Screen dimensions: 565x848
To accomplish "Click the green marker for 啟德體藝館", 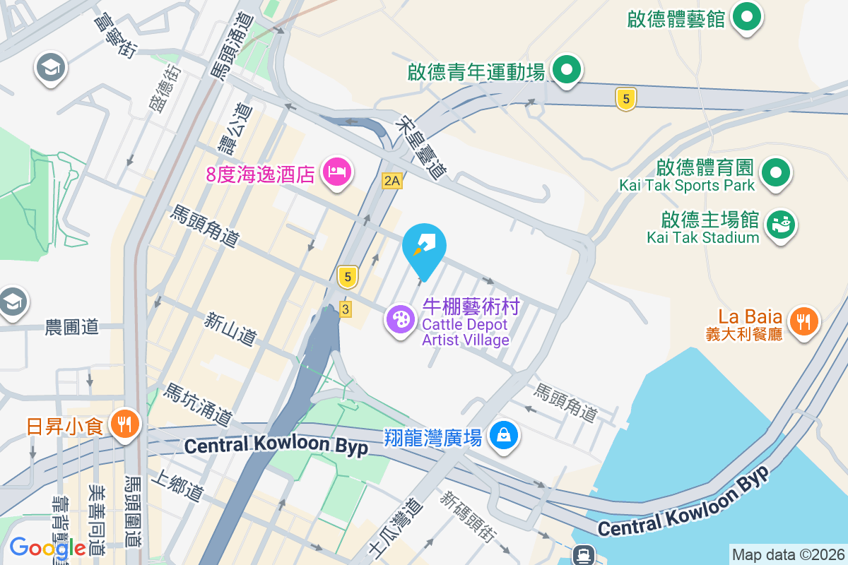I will tap(745, 18).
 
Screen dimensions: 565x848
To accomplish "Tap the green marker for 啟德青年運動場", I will tap(566, 70).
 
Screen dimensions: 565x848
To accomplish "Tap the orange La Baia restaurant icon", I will tap(803, 321).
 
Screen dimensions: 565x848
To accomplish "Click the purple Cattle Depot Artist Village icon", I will tap(401, 319).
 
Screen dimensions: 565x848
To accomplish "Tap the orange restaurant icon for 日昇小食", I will tap(126, 424).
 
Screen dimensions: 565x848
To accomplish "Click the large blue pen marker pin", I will tap(424, 246).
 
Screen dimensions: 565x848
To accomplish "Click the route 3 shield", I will tap(345, 309).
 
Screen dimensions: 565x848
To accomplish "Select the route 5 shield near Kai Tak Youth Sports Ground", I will tap(625, 99).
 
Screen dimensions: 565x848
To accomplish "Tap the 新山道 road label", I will tap(230, 329).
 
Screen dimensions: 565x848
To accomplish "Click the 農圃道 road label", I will tap(72, 327).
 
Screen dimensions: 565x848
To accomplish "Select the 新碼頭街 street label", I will tap(466, 516).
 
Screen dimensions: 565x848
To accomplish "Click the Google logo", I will tap(47, 548).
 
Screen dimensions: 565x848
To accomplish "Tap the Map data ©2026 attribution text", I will tap(787, 554).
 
